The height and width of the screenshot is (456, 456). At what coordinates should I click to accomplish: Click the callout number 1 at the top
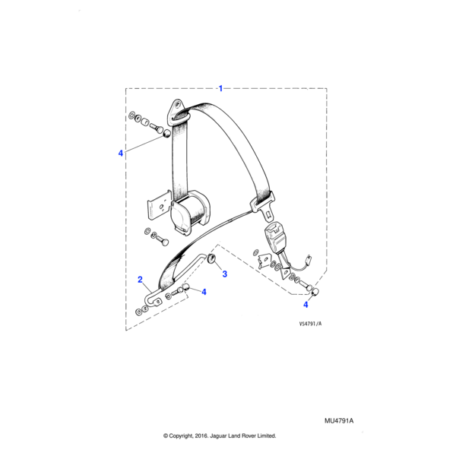tap(220, 88)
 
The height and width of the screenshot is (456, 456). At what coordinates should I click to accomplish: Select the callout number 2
tap(140, 280)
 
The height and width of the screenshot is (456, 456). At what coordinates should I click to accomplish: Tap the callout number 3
tap(224, 275)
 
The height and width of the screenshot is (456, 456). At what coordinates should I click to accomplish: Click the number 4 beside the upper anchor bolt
tap(120, 154)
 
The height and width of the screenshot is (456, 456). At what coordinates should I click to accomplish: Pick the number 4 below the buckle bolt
tap(307, 304)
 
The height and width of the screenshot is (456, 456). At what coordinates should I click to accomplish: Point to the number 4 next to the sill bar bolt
tap(204, 291)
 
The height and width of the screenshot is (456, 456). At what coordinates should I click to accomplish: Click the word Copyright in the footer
tap(193, 436)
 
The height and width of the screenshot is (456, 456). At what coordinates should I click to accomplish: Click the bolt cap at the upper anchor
tap(166, 133)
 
